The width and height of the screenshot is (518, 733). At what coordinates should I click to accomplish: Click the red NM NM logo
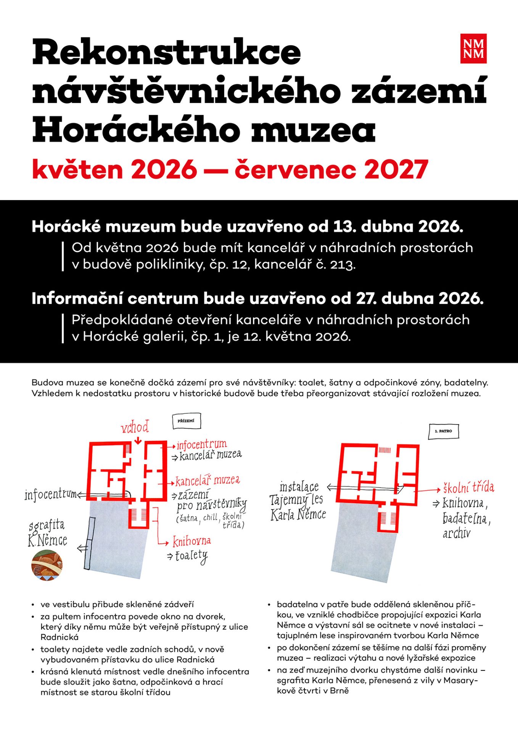tap(473, 48)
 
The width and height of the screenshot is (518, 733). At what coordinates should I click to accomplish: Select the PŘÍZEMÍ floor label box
tap(186, 421)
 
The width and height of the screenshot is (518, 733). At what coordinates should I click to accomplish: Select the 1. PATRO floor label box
tap(443, 431)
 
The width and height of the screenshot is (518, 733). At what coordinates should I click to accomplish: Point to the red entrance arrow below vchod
tap(138, 439)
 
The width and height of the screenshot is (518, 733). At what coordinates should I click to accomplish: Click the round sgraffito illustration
tap(47, 565)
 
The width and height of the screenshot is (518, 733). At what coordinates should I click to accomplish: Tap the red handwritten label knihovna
tap(191, 541)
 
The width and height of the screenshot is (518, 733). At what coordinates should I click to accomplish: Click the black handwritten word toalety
tap(191, 556)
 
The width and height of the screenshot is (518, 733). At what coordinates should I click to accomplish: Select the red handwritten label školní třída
tap(468, 488)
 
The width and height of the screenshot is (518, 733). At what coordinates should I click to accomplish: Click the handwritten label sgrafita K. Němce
tap(47, 533)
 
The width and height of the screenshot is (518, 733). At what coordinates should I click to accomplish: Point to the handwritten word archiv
tap(456, 533)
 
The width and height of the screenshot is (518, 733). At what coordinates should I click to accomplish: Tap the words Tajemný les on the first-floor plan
tap(296, 500)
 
